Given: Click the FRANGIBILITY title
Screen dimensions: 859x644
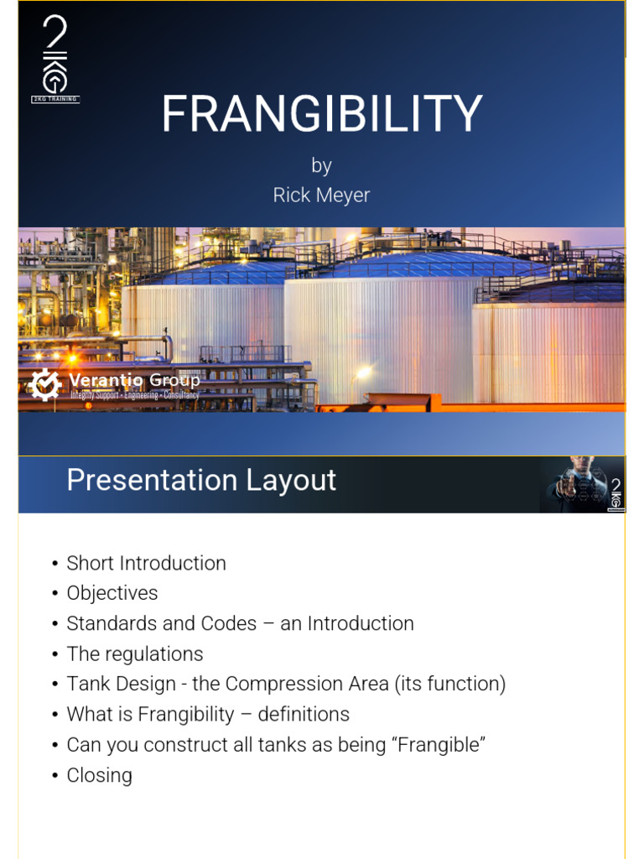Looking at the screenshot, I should click(321, 114).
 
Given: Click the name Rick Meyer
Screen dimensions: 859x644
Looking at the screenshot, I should click(321, 195).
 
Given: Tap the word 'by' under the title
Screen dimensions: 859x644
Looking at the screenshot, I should click(321, 165).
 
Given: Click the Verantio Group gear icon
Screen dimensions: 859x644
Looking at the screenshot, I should click(45, 384).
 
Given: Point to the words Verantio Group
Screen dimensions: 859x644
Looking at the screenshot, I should click(134, 381).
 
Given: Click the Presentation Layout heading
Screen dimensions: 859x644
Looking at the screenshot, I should click(201, 481).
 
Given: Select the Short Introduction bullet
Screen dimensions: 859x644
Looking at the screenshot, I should click(146, 563).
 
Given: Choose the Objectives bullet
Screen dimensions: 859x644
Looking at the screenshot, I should click(112, 593).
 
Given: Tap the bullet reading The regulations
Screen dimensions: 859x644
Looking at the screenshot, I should click(134, 653).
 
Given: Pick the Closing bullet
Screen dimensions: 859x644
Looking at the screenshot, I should click(99, 774).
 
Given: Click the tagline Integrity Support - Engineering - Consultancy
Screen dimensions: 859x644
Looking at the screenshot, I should click(134, 395).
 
